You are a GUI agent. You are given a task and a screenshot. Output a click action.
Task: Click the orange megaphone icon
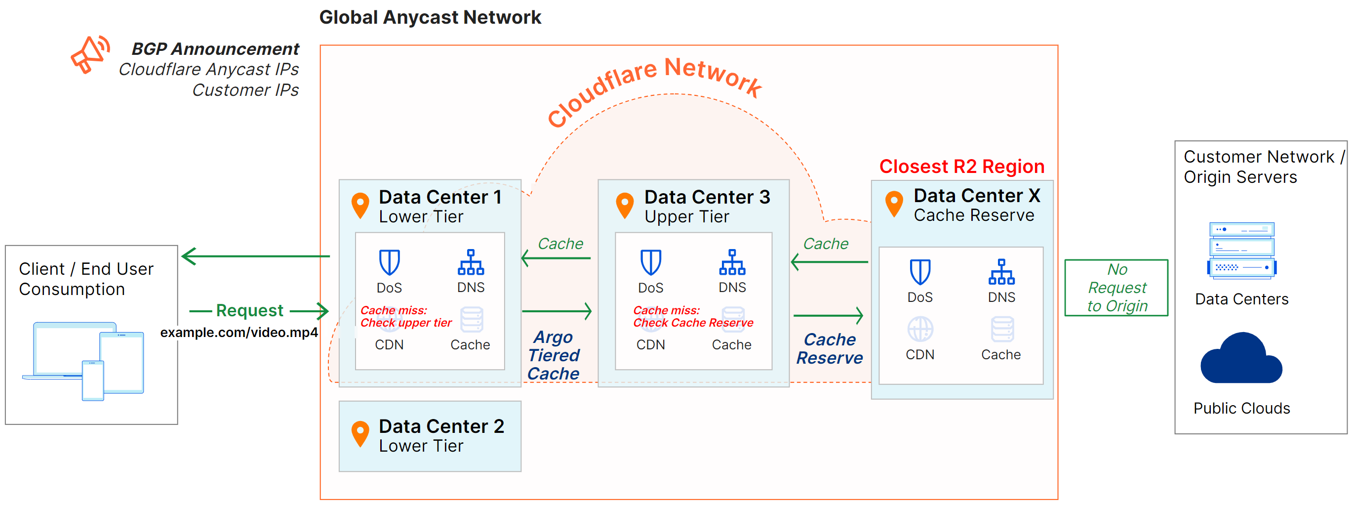coord(90,54)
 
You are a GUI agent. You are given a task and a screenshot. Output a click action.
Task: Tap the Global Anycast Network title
coord(430,17)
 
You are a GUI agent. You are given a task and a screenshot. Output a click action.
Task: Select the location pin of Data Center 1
coord(360,205)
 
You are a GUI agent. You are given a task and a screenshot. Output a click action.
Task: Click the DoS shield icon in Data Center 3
coord(650,262)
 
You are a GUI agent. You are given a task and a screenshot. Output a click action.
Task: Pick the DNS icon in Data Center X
coord(1001,272)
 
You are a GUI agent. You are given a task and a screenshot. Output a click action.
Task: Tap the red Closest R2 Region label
coord(961,166)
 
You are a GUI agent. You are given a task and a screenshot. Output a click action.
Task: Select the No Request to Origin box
coord(1116,288)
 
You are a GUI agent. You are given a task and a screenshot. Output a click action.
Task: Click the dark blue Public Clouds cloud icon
coord(1240,359)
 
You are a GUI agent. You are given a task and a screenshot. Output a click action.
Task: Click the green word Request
coord(249,310)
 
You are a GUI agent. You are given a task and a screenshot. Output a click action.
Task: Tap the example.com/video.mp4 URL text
coord(239,332)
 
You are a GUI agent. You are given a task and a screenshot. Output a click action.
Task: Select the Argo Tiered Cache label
coord(554,355)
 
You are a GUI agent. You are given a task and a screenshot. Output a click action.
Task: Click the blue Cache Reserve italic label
coord(830,348)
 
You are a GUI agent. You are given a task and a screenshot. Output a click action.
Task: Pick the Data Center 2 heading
coord(441,425)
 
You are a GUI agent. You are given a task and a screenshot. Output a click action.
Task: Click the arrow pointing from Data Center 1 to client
coord(256,256)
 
